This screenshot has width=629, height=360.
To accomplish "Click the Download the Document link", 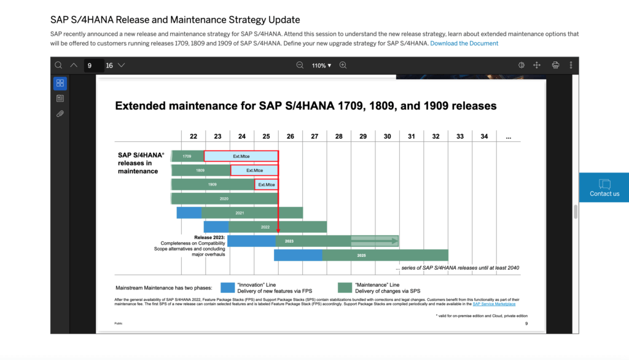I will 464,44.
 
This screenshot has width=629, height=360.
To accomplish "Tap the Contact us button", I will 604,187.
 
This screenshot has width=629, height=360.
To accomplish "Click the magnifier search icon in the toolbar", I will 58,65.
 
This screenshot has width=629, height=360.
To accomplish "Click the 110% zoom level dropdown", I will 321,65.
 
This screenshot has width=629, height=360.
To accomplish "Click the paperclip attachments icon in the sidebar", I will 60,114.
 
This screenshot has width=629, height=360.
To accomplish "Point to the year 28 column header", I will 338,136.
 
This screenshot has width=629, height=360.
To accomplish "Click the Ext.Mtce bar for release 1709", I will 241,156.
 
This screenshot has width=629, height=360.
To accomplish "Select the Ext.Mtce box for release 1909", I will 266,184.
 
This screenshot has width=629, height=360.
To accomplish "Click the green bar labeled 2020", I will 224,198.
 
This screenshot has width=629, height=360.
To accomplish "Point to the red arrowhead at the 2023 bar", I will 278,232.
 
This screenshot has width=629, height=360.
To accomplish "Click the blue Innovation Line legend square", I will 228,288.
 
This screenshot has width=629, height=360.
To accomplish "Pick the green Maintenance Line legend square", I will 345,288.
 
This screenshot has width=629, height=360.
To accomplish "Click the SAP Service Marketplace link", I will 494,304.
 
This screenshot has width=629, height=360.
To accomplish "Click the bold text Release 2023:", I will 209,237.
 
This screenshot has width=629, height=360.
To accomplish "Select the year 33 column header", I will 460,136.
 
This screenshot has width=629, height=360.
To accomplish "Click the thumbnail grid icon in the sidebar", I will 60,83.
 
